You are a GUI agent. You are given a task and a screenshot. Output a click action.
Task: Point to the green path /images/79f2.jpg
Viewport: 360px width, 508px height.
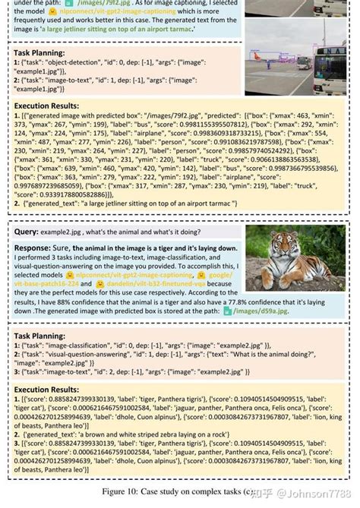coord(77,5)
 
